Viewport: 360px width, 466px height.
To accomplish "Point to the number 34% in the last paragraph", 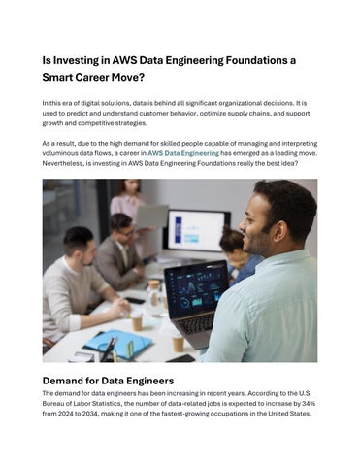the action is coord(309,403).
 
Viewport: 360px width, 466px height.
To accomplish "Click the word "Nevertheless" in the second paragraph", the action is coord(74,164).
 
